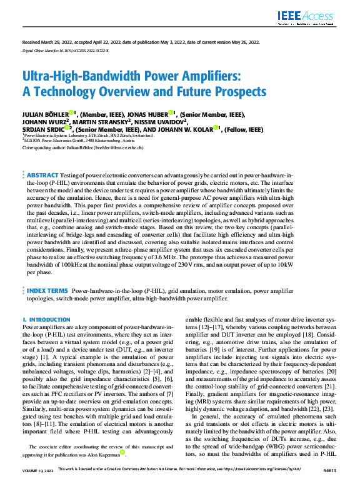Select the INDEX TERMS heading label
[x=47, y=291]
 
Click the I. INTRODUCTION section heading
[x=46, y=320]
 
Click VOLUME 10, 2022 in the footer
[x=37, y=485]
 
